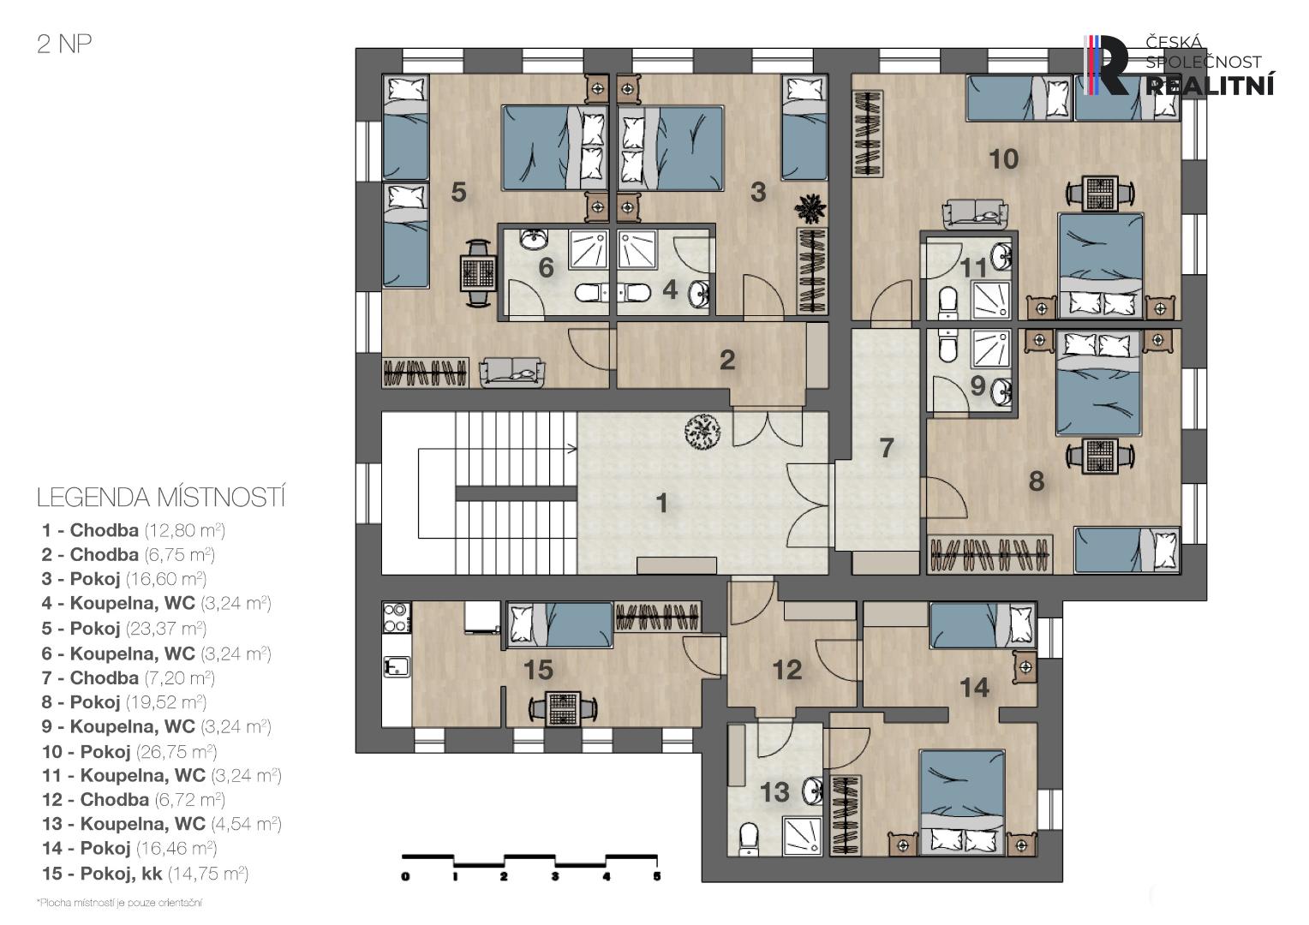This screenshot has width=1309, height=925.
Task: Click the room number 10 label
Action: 1003,159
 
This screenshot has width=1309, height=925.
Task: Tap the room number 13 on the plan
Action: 774,792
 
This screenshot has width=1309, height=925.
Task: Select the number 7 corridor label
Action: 887,448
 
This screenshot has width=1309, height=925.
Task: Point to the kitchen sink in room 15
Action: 396,666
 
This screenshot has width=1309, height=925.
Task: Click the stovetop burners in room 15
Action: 396,618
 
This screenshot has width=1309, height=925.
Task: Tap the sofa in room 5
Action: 512,373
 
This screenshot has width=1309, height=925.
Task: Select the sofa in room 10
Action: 975,214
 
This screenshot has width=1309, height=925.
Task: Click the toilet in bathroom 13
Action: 749,839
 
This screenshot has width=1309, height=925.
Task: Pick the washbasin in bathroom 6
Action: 534,238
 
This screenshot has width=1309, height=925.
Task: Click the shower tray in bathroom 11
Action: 991,300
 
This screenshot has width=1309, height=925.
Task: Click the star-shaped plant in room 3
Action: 810,208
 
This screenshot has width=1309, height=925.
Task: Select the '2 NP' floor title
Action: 64,45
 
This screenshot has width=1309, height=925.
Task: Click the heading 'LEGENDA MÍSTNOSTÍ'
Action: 161,498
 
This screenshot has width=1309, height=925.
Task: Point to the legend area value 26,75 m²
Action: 176,751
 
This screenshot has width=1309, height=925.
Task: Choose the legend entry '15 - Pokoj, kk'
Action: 102,874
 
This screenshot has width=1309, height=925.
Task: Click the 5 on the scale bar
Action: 657,876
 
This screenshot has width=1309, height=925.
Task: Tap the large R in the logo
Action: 1114,65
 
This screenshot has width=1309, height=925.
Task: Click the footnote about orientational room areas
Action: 119,903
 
